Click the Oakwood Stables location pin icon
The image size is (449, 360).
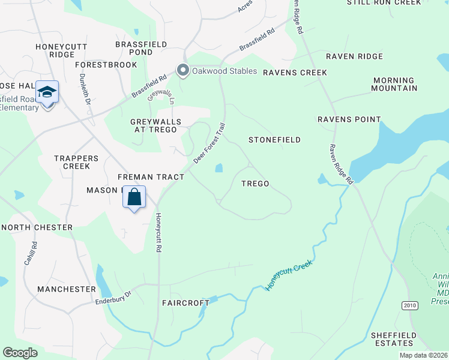click(x=183, y=71)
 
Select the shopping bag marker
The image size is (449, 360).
click(x=134, y=197)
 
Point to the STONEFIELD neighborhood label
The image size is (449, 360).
click(x=275, y=140)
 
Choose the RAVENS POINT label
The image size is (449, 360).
click(x=349, y=119)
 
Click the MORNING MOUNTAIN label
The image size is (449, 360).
click(x=394, y=84)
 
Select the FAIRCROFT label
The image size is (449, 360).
click(x=185, y=303)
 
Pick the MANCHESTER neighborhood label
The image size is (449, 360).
click(x=66, y=289)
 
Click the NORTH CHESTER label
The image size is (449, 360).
click(x=37, y=227)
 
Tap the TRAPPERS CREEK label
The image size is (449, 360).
click(x=76, y=162)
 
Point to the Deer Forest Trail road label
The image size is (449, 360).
click(x=209, y=144)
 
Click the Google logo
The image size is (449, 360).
click(x=20, y=353)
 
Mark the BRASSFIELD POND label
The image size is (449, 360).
click(x=134, y=48)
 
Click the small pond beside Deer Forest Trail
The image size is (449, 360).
click(x=218, y=168)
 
